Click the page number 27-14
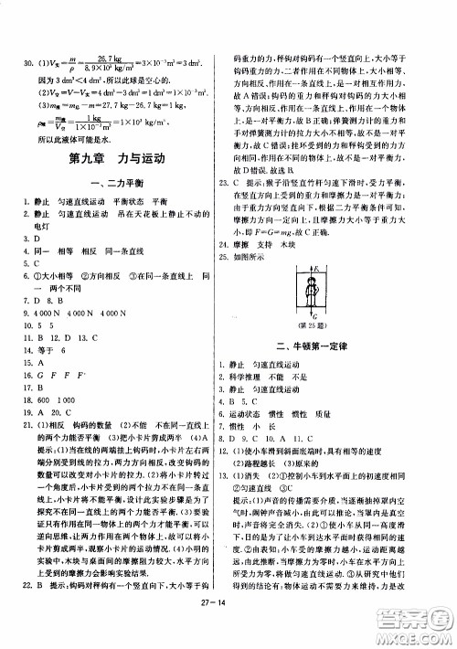(228, 626)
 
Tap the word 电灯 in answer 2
(42, 224)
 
